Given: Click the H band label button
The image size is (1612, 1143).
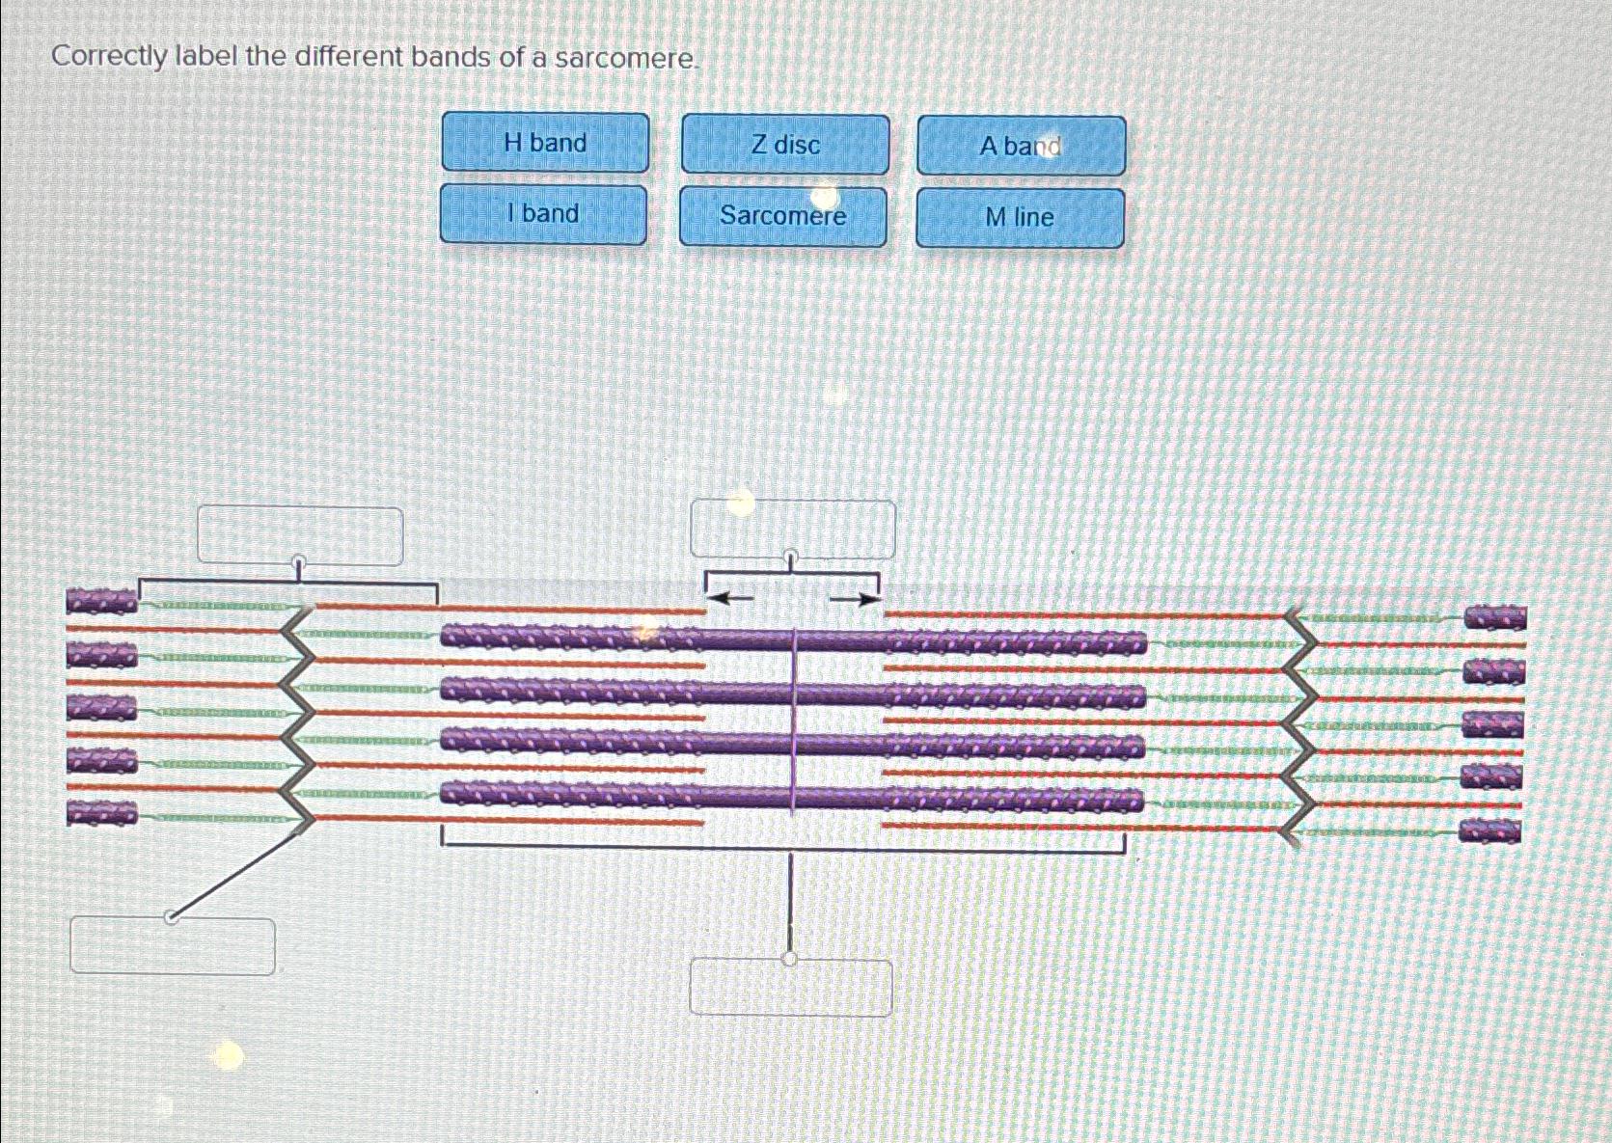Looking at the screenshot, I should [x=545, y=143].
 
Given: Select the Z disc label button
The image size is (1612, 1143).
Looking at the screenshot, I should [x=785, y=145].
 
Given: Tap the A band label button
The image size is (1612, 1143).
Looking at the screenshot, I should [x=1021, y=147].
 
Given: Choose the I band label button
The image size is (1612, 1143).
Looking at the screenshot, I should [x=543, y=214].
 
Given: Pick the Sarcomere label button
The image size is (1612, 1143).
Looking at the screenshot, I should [x=782, y=216].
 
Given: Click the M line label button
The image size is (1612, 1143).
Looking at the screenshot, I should [x=1020, y=218].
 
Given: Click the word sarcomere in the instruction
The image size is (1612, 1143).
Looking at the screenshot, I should [x=624, y=59].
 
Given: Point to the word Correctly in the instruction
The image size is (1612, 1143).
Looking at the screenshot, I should [x=109, y=57].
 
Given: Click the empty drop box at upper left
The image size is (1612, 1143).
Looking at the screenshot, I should [x=300, y=535].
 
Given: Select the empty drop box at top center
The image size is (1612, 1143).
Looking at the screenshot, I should [x=792, y=529].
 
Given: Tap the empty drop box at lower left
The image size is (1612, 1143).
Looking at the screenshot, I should [x=173, y=946].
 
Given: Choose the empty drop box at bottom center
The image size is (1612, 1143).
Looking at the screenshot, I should [x=791, y=987].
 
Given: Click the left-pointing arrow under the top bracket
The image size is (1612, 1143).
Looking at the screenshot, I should [x=730, y=599].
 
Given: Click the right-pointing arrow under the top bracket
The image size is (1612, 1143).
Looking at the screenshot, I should [x=857, y=600].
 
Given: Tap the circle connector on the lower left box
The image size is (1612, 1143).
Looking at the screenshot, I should [x=172, y=916].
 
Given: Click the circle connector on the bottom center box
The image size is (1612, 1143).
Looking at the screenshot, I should [x=790, y=959].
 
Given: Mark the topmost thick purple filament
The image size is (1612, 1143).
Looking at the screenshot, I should [x=791, y=639].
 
